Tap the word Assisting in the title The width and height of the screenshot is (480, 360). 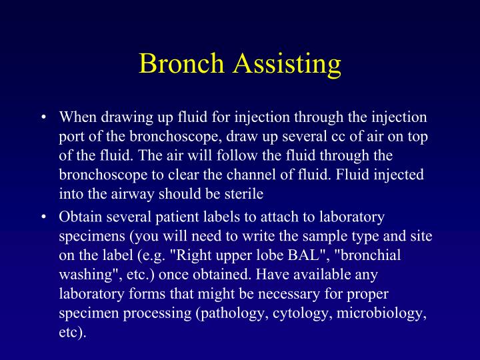(x=287, y=64)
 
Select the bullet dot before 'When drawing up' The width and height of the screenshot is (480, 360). (x=43, y=117)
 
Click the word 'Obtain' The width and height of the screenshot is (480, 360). (x=79, y=217)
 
